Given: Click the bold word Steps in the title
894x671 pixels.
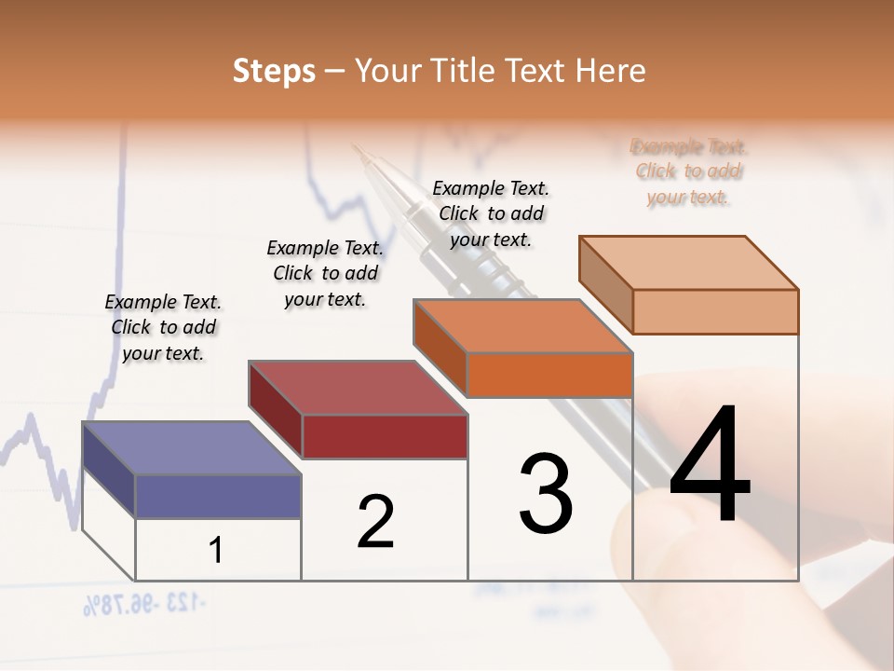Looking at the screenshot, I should [274, 71].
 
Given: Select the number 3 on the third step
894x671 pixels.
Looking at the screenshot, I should [546, 494].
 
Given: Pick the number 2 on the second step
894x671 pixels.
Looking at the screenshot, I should [376, 522].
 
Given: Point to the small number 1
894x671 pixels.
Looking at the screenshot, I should [216, 550].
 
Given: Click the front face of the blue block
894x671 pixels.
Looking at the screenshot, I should [218, 496].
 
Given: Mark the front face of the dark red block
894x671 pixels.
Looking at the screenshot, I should [385, 436].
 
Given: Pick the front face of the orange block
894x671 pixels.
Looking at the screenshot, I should [549, 376].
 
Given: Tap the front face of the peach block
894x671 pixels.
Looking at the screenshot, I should [715, 311].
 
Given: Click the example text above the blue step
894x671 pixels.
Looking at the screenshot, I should [163, 327].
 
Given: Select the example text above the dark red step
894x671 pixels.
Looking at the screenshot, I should [325, 273].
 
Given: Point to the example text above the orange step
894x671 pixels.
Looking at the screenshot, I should [491, 213].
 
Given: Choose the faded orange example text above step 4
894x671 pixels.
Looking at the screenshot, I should [688, 171].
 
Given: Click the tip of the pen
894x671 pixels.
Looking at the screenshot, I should [355, 145].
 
